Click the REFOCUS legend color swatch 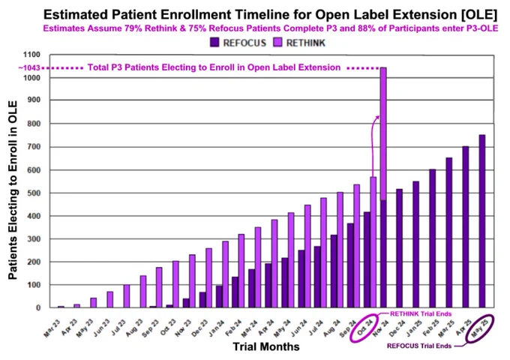pos(214,42)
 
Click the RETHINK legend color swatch pos(278,42)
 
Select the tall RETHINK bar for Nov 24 pos(383,133)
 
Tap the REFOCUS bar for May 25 pos(482,221)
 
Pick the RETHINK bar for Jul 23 pos(127,296)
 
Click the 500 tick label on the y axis pos(34,193)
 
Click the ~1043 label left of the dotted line pos(29,68)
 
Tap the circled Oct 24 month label pos(364,328)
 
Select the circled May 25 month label pos(480,328)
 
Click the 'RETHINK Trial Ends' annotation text pos(421,313)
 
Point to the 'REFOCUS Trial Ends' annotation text pos(419,346)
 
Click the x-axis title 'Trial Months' pos(266,346)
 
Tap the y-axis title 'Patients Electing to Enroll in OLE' pos(13,190)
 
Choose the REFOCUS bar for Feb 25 pos(433,238)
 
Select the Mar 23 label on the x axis pos(52,328)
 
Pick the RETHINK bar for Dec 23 pos(208,278)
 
